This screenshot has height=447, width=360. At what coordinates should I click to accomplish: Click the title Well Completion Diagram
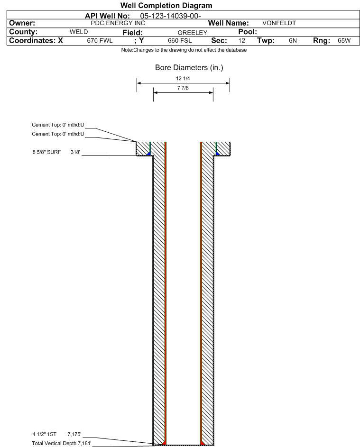coord(166,5)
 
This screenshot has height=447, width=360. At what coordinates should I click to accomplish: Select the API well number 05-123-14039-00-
coord(170,16)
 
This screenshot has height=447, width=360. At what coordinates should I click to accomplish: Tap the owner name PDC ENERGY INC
coord(118,23)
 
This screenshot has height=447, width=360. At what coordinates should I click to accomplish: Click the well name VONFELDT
coord(279,23)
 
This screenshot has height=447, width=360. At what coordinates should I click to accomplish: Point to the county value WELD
coord(79,32)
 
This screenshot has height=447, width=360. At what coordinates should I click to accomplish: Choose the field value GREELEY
coord(192,33)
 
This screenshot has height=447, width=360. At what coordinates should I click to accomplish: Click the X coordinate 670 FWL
coord(100,41)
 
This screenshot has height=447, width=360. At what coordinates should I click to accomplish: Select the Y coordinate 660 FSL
coord(180,41)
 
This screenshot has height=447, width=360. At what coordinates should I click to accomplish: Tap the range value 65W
coord(344,41)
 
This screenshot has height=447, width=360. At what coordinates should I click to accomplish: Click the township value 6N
coord(293,41)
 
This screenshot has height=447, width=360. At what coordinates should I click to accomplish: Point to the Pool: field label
coord(248,32)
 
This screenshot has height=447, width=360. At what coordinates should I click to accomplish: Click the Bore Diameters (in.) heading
coord(189,68)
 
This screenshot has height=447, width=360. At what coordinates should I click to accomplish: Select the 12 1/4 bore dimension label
coord(183,78)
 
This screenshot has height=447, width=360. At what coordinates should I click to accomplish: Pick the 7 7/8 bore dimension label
coord(183,88)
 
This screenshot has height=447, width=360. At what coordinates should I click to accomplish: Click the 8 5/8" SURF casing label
coord(46,152)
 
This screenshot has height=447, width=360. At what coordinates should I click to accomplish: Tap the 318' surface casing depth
coord(75,152)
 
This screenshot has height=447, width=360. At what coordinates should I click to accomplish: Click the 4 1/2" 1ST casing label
coord(44,435)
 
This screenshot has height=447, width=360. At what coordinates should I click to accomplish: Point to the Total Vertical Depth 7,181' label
coord(62,443)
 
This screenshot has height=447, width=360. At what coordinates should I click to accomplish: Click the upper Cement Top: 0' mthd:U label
coord(58,125)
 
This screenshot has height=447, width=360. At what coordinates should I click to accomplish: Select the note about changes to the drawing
coord(184,50)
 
